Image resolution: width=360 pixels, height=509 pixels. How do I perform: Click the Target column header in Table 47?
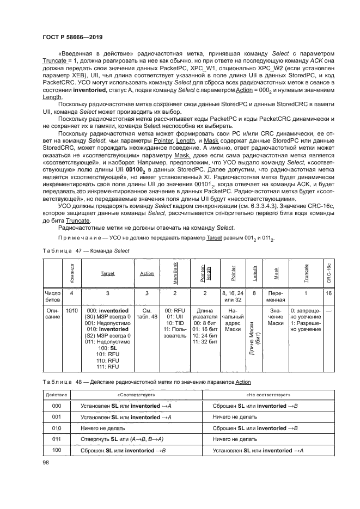107,273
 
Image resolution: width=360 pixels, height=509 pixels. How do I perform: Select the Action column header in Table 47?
147,273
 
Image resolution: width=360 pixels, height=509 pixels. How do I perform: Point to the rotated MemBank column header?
175,273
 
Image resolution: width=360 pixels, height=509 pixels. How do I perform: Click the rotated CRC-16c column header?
328,273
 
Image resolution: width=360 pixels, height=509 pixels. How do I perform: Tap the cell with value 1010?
71,310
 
